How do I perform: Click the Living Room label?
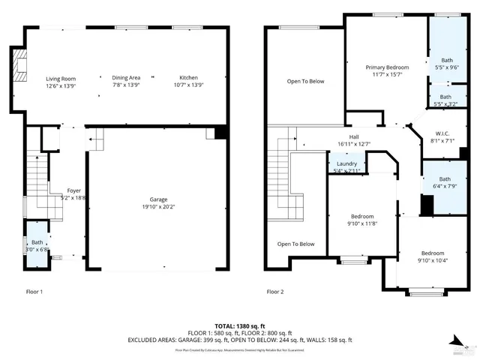[61, 78]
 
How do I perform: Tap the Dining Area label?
[126, 78]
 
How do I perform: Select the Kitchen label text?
[188, 78]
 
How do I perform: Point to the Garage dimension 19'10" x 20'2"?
[158, 207]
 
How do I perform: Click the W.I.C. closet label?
[442, 135]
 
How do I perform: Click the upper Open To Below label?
[305, 81]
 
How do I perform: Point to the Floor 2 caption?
[275, 291]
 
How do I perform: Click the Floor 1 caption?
[34, 291]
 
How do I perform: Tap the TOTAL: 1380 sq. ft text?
[240, 326]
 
